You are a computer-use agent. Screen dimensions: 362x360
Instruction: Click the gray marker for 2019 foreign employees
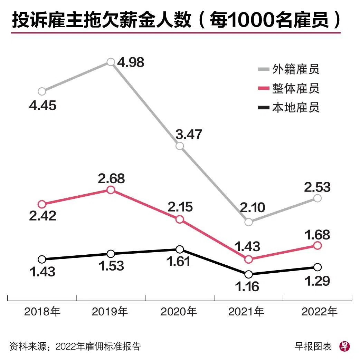tap(111, 62)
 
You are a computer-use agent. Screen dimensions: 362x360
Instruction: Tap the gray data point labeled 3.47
tap(180, 146)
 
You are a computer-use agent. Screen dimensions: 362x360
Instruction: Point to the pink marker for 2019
tap(111, 190)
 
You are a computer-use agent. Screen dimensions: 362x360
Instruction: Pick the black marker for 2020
tap(180, 250)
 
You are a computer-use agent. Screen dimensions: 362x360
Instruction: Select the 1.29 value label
tap(318, 281)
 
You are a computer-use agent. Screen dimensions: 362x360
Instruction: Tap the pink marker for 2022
tap(318, 245)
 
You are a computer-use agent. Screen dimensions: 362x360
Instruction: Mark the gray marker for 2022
tap(318, 198)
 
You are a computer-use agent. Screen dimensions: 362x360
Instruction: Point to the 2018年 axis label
tap(42, 312)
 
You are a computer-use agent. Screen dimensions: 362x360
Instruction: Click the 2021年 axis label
tap(246, 312)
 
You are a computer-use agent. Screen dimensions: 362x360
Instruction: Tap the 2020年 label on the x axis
tap(179, 312)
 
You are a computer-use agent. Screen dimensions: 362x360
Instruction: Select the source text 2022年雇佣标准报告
tap(98, 346)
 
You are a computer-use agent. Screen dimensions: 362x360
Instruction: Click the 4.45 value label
tap(42, 105)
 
